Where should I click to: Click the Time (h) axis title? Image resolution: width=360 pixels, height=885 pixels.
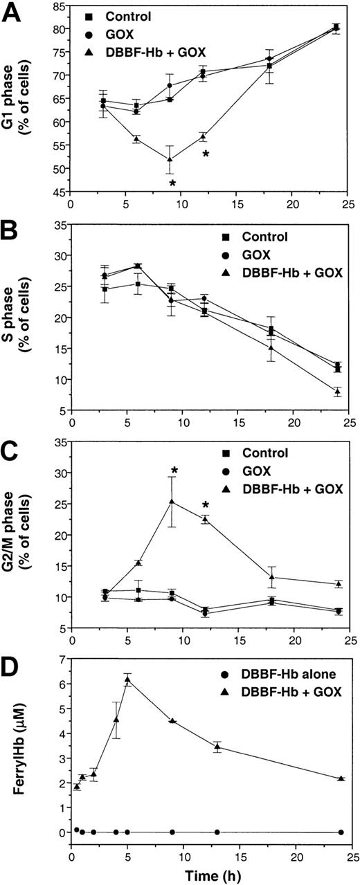point(211,873)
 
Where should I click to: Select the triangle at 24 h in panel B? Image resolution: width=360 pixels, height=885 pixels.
point(337,392)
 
